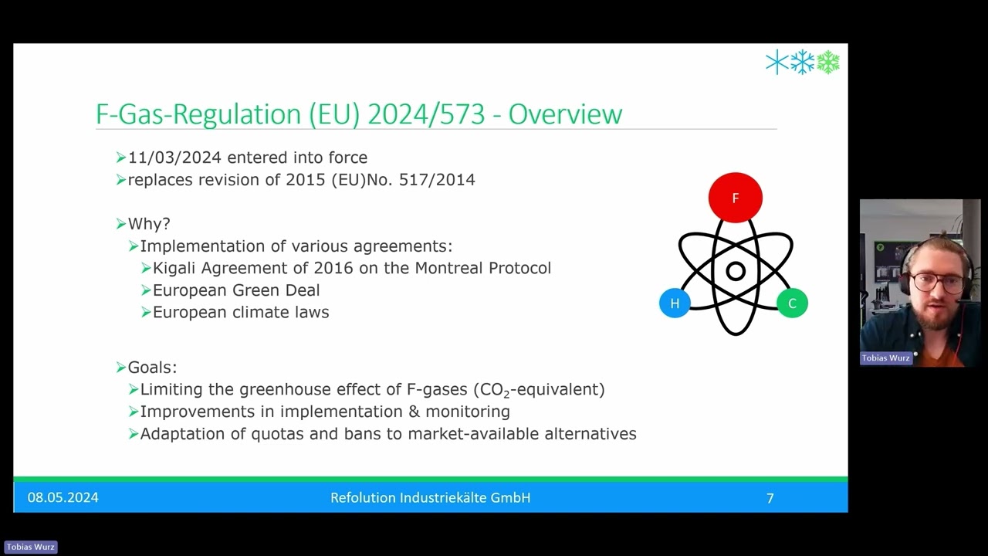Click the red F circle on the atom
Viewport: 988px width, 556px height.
click(x=735, y=198)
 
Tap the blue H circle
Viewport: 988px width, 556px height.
click(x=675, y=303)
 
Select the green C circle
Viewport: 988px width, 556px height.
click(x=792, y=303)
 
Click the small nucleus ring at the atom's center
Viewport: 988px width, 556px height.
click(x=736, y=271)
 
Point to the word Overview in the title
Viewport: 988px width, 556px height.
click(x=565, y=114)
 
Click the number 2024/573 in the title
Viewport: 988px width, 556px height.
click(x=426, y=114)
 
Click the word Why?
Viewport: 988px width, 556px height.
click(x=149, y=224)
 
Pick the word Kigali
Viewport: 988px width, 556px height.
click(x=177, y=268)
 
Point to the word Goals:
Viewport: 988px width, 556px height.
click(x=152, y=368)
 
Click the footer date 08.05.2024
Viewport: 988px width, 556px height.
click(x=63, y=498)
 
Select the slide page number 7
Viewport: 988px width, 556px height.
click(x=770, y=499)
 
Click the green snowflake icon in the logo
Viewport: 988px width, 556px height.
click(x=828, y=63)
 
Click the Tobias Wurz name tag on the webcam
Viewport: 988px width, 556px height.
click(x=886, y=358)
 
